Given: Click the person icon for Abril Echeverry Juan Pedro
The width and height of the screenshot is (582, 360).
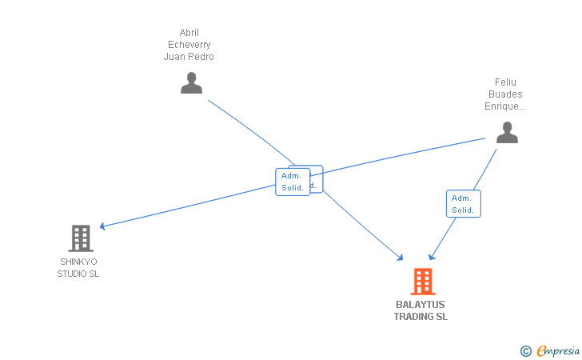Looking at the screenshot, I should click(191, 83).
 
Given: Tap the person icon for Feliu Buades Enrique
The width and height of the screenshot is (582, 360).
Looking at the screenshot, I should click(507, 133).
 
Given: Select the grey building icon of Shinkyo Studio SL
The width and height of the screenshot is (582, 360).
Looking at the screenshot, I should click(81, 238).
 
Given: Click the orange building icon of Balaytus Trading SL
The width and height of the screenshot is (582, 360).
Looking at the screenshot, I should click(422, 281).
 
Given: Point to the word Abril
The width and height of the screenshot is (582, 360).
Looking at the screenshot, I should click(189, 33).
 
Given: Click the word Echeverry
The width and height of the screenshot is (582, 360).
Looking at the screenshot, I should click(189, 45).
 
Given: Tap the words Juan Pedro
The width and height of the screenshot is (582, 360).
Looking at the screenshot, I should click(189, 57).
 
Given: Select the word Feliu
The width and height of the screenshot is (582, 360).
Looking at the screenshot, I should click(505, 82).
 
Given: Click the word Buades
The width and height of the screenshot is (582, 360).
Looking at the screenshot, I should click(505, 94).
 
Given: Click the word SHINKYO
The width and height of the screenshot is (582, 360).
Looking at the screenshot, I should click(78, 262).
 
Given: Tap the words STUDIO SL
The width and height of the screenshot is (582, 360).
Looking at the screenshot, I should click(78, 274).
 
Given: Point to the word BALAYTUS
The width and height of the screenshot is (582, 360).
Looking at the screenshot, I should click(421, 305).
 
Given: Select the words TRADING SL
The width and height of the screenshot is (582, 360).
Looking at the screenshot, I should click(421, 317).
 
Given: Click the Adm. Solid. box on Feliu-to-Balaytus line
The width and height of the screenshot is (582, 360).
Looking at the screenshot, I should click(463, 204).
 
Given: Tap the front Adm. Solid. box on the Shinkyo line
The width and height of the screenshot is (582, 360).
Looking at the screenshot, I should click(292, 182).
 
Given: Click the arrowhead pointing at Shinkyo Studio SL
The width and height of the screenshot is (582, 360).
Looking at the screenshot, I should click(102, 226).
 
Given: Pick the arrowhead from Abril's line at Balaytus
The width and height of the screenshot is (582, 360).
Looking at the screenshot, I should click(401, 258).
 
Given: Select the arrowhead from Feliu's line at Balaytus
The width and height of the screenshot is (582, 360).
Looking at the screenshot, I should click(431, 257).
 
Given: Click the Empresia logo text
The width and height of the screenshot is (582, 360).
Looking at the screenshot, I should click(557, 350).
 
